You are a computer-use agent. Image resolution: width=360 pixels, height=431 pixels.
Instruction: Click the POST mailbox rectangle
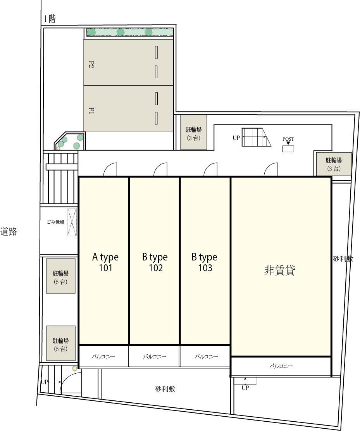tap(288, 148)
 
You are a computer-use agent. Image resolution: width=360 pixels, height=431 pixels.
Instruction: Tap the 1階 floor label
tap(50, 19)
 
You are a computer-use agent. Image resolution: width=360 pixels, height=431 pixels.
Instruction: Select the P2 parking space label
tap(91, 65)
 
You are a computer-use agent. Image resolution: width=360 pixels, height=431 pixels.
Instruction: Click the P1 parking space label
tap(91, 111)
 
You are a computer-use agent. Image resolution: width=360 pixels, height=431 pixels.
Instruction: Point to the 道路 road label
tap(9, 231)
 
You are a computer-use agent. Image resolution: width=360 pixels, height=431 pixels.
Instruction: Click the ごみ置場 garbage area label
tap(55, 222)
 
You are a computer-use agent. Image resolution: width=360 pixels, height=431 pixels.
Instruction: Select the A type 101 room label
tap(105, 262)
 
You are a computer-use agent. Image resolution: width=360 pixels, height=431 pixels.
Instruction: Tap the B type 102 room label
tap(155, 262)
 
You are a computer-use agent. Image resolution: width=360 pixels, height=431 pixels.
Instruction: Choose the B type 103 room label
tap(205, 262)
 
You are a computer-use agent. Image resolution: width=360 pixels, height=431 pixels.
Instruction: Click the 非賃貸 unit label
tap(279, 270)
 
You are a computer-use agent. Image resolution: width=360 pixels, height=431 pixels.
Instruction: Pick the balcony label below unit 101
tap(103, 357)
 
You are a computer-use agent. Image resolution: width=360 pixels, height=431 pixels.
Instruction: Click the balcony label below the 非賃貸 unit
tap(281, 366)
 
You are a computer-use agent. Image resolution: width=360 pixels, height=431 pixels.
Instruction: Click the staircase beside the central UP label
tap(256, 137)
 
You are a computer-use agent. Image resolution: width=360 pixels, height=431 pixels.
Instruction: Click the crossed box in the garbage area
tap(72, 222)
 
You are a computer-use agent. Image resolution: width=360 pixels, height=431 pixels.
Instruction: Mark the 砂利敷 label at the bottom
tap(165, 389)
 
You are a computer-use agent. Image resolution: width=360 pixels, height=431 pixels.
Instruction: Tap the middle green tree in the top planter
tap(121, 32)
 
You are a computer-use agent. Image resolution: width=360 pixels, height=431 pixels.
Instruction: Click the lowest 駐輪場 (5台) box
tap(61, 343)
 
